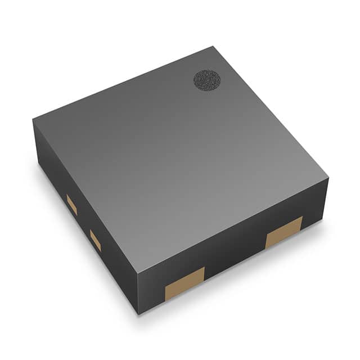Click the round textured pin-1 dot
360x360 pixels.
click(x=207, y=80)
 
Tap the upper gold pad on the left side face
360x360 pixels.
click(x=72, y=204)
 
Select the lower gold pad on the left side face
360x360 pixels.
click(x=96, y=240)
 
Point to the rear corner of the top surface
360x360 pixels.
click(x=213, y=47)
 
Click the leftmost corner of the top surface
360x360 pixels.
click(x=33, y=119)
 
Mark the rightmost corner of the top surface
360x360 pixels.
click(x=328, y=179)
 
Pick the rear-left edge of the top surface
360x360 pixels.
click(x=123, y=83)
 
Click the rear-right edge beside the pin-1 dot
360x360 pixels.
click(x=271, y=112)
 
